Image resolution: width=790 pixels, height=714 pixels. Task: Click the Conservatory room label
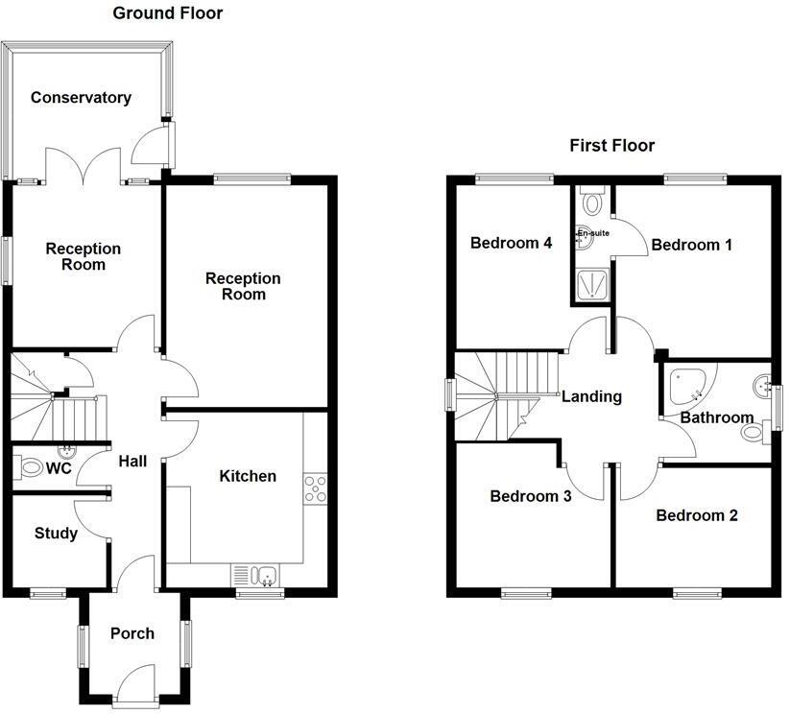81,98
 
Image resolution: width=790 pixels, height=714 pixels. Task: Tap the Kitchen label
248,476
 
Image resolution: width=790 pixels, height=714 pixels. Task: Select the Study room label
56,534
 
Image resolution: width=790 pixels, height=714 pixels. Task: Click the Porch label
132,633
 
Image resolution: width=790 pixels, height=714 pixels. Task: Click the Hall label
132,462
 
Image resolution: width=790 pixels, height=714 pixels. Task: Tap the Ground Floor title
168,13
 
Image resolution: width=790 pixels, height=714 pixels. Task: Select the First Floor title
611,146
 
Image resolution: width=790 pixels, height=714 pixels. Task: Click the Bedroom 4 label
511,244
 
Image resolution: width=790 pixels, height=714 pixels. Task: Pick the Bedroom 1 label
691,246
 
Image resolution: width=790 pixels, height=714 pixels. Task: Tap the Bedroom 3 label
531,496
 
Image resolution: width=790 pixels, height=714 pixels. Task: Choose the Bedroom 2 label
697,515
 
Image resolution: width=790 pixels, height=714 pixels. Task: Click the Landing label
591,396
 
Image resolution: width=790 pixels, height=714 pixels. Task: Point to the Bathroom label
717,417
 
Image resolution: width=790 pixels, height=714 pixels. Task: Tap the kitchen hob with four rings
315,488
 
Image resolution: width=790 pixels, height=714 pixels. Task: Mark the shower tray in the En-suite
591,284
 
